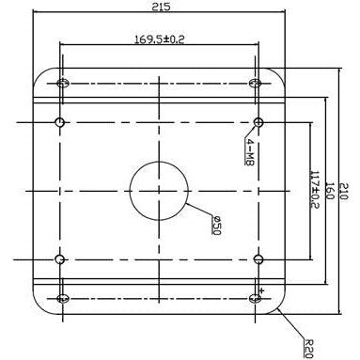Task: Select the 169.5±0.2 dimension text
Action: pyautogui.click(x=158, y=39)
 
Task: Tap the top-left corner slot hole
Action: pyautogui.click(x=63, y=84)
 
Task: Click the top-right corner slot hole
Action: pyautogui.click(x=256, y=84)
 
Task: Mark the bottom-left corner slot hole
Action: pyautogui.click(x=63, y=298)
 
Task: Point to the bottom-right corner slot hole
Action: pyautogui.click(x=256, y=298)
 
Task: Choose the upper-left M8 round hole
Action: pyautogui.click(x=60, y=122)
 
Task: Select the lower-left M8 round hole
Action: pyautogui.click(x=60, y=258)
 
